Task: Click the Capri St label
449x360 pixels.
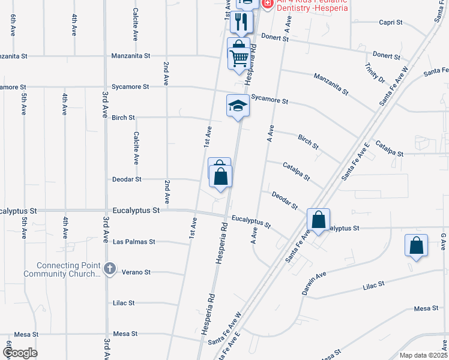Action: coord(390,22)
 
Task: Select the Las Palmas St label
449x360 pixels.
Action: coord(134,242)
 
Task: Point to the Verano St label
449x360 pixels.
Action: coord(136,272)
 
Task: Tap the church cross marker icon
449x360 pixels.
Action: coord(109,269)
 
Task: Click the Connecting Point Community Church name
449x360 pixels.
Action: coord(68,269)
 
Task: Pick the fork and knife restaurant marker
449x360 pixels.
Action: coord(242,22)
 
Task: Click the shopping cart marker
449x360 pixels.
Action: coord(239,58)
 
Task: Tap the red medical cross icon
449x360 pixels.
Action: coord(267,4)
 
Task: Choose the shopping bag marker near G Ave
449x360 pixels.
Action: coord(416,245)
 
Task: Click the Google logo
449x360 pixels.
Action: coord(20,353)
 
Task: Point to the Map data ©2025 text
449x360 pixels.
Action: coord(423,355)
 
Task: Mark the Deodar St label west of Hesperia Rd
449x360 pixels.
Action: coord(127,179)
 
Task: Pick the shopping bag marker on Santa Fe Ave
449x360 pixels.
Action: coord(318,220)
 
